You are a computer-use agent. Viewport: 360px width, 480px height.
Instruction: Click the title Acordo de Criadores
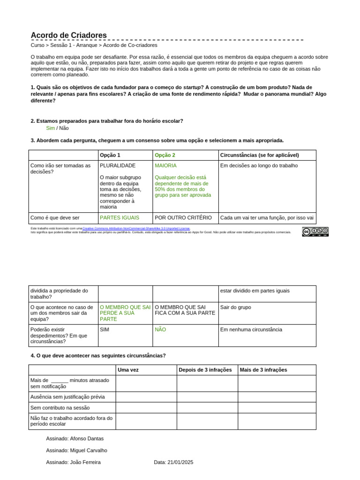click(69, 36)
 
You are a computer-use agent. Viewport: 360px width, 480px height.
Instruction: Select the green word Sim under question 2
click(51, 128)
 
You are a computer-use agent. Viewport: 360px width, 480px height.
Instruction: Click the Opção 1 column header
click(110, 155)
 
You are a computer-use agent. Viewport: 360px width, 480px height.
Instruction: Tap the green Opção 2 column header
click(165, 155)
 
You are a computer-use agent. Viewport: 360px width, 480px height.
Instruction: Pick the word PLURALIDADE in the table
click(118, 165)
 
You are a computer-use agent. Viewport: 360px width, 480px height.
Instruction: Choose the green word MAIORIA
click(165, 165)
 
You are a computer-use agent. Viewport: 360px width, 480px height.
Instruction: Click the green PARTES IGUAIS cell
click(120, 217)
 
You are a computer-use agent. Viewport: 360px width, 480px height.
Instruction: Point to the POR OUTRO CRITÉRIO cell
click(183, 217)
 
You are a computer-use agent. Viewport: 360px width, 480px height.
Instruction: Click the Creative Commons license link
click(136, 228)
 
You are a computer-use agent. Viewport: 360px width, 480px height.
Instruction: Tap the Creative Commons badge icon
click(315, 232)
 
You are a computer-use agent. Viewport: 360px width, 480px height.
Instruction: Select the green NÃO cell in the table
click(160, 330)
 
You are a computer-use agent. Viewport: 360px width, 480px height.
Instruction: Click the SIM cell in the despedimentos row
click(105, 330)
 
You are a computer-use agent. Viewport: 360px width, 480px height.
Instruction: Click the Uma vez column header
click(128, 370)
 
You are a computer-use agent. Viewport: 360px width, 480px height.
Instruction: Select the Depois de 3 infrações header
click(205, 370)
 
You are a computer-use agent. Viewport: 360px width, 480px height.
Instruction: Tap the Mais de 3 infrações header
click(263, 370)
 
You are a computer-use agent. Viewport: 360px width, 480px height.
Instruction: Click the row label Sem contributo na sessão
click(60, 408)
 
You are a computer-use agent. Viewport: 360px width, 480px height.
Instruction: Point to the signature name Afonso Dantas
click(87, 439)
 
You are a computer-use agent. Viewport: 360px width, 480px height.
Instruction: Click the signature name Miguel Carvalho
click(89, 450)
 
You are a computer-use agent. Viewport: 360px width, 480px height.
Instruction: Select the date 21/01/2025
click(180, 462)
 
